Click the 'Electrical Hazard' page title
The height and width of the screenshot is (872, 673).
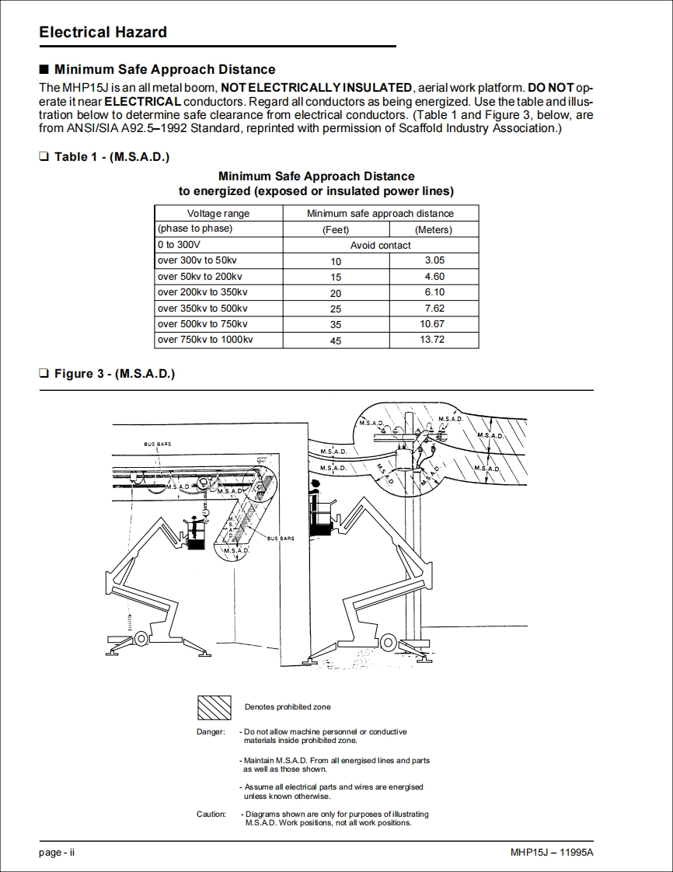click(103, 33)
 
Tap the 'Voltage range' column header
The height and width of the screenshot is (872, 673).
click(218, 214)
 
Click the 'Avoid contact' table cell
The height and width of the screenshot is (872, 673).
click(380, 245)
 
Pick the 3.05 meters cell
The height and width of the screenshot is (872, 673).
click(434, 260)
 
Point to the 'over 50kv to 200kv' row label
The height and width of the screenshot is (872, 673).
click(200, 277)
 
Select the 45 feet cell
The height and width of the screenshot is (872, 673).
click(336, 340)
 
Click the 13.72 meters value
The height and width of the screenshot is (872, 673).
click(432, 340)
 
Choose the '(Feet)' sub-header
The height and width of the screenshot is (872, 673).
click(336, 230)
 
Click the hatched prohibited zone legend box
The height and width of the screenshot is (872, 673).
click(214, 706)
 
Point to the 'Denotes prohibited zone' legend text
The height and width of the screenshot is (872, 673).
click(288, 707)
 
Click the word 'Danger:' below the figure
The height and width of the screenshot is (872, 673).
click(211, 732)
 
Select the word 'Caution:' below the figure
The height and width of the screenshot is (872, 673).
click(211, 814)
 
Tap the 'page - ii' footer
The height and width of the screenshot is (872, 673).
click(57, 853)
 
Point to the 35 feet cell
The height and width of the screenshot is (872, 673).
click(336, 324)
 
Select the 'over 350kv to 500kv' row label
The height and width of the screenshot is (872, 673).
click(202, 309)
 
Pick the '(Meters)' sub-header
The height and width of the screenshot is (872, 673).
click(433, 230)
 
